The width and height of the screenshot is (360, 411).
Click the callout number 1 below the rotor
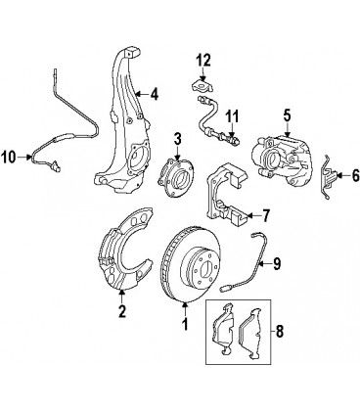(x=185, y=324)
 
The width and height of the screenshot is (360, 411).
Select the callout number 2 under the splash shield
(x=122, y=311)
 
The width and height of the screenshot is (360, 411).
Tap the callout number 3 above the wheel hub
(x=177, y=140)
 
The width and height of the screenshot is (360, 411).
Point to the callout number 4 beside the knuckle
(x=154, y=94)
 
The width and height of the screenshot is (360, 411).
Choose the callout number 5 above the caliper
(x=287, y=115)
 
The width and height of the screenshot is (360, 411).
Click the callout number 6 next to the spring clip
(x=355, y=176)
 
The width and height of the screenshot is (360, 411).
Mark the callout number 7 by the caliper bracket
(x=266, y=216)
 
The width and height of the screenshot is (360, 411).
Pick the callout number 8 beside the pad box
(x=280, y=332)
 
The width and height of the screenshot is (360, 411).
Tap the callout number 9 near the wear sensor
(x=277, y=263)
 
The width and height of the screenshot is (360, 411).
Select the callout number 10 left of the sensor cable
(x=9, y=158)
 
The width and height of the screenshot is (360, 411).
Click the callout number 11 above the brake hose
(x=232, y=116)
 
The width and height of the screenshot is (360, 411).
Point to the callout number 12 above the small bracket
(x=203, y=60)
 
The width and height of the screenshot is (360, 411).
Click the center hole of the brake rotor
(x=205, y=270)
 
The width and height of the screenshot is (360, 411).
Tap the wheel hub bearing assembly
(x=175, y=177)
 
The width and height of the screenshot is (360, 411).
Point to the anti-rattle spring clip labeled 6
(x=328, y=177)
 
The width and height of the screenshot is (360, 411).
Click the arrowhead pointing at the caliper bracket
(x=248, y=215)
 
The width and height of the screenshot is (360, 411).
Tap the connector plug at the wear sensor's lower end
(x=225, y=289)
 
